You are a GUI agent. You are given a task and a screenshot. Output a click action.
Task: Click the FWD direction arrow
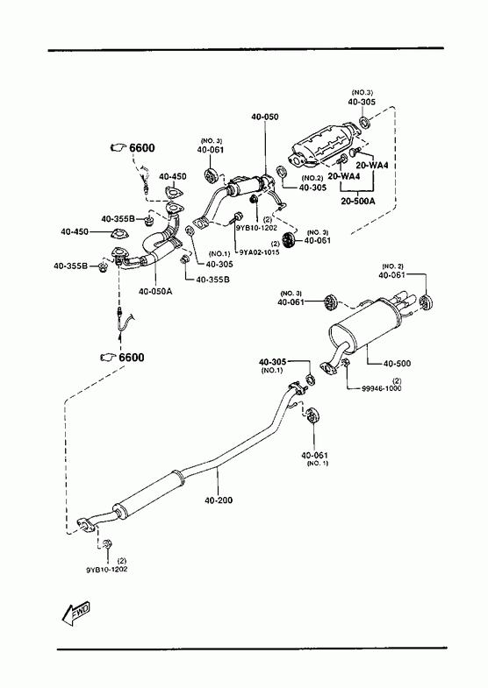(76, 612)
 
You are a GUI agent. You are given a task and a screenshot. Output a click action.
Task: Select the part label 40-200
(219, 500)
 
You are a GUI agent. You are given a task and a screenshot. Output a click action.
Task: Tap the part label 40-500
(397, 364)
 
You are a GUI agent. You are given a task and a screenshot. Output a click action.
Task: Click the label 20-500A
(358, 202)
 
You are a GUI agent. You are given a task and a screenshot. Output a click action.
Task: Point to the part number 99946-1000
(381, 388)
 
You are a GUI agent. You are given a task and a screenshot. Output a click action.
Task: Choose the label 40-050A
(155, 290)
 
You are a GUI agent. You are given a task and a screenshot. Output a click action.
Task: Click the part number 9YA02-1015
(259, 252)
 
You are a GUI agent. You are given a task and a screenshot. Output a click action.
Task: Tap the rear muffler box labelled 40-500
(364, 323)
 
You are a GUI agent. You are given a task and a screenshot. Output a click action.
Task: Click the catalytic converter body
(324, 147)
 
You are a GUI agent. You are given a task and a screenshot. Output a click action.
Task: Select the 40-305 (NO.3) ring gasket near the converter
(365, 122)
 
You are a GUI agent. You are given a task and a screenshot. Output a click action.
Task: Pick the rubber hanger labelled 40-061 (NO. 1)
(312, 415)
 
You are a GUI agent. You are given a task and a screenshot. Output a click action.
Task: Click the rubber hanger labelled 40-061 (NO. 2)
(425, 303)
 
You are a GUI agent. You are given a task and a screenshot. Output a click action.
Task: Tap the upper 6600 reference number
(142, 148)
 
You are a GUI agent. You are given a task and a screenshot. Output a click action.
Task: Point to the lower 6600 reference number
(132, 358)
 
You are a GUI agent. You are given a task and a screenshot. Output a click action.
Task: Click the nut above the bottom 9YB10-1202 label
(107, 545)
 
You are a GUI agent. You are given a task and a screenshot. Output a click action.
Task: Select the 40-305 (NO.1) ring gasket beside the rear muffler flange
(311, 379)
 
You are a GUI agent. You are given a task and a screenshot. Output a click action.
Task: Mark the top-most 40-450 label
(173, 176)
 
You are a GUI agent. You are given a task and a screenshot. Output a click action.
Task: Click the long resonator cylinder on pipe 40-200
(148, 495)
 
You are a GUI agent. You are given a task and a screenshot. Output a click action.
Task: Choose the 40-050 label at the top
(265, 117)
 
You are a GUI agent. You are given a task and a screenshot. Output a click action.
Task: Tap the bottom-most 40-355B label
(212, 279)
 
